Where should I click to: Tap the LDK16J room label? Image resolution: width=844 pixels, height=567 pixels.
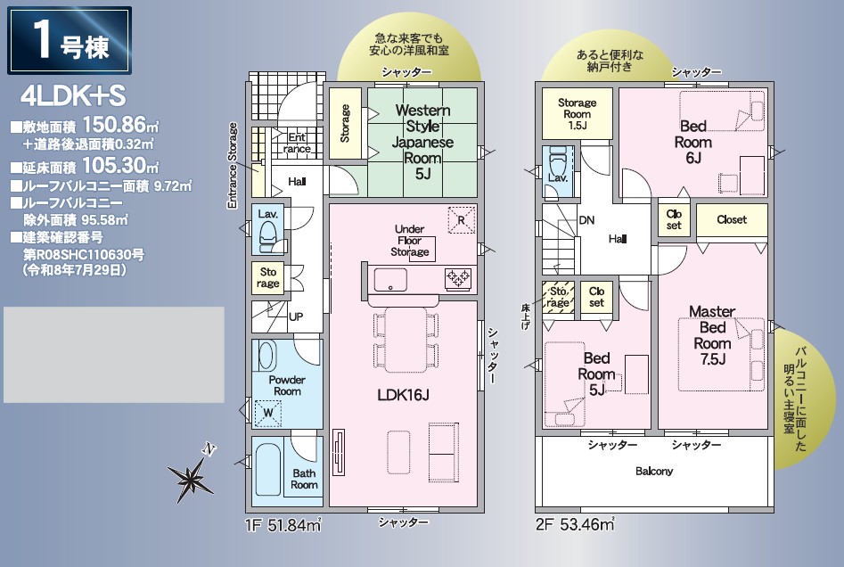pyautogui.click(x=403, y=395)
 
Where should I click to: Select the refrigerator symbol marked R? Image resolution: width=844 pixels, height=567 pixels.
pyautogui.click(x=462, y=220)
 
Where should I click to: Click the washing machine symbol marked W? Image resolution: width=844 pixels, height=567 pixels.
pyautogui.click(x=268, y=413)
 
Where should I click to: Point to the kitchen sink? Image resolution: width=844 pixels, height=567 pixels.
pyautogui.click(x=390, y=280)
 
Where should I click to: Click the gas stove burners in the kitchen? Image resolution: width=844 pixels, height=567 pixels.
pyautogui.click(x=458, y=279)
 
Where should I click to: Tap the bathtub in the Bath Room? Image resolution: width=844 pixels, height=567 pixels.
pyautogui.click(x=267, y=470)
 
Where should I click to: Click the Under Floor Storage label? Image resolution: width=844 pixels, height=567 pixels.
pyautogui.click(x=410, y=240)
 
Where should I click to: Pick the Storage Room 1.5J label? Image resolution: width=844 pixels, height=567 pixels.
pyautogui.click(x=577, y=113)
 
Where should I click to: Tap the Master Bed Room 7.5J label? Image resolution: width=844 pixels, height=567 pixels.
pyautogui.click(x=712, y=335)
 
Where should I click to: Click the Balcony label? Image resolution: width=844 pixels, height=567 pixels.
pyautogui.click(x=654, y=471)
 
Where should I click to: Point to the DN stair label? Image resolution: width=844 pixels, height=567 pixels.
pyautogui.click(x=586, y=219)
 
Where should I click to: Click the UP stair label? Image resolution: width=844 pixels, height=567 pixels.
pyautogui.click(x=296, y=316)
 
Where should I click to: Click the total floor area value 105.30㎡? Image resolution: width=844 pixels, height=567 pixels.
pyautogui.click(x=120, y=165)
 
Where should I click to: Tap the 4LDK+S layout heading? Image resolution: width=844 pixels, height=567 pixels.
pyautogui.click(x=73, y=96)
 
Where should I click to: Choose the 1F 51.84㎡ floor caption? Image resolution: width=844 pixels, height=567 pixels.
pyautogui.click(x=283, y=524)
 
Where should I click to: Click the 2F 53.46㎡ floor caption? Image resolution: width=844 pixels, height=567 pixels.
pyautogui.click(x=575, y=524)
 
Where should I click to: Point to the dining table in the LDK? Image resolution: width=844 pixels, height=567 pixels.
pyautogui.click(x=406, y=340)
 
